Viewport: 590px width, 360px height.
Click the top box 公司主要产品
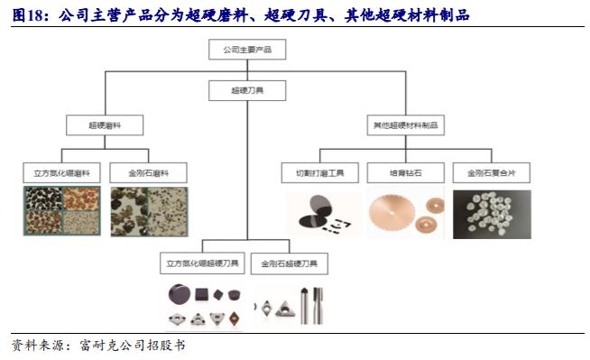[246, 51]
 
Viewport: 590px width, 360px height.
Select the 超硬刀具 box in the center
[246, 90]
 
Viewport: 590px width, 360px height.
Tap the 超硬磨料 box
[105, 125]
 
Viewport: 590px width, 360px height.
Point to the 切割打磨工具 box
[320, 171]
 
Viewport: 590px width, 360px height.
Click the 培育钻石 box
[405, 171]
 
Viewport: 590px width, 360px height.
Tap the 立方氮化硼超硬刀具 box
[201, 264]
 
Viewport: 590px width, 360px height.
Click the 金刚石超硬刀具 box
[289, 264]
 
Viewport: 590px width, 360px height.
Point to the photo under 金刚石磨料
[150, 212]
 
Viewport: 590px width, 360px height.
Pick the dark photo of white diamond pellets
[491, 215]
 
